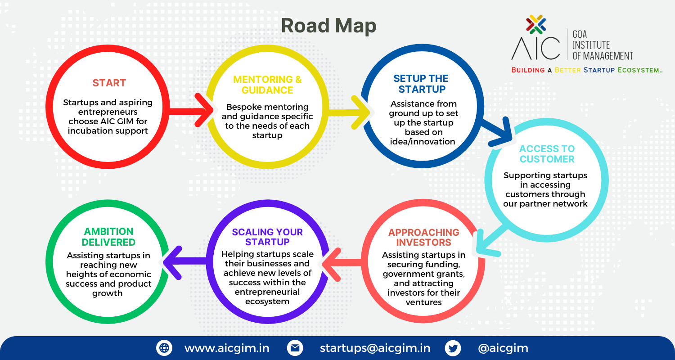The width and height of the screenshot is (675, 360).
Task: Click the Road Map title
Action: (329, 26)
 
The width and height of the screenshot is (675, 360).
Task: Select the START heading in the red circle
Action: (109, 83)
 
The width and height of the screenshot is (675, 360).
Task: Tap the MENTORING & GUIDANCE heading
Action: (267, 85)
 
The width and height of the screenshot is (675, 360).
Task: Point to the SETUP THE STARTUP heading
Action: (421, 84)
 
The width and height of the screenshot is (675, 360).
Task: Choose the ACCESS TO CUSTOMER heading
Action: (547, 153)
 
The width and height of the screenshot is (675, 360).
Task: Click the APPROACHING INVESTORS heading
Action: (424, 238)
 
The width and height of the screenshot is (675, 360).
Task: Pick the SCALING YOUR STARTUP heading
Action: (267, 237)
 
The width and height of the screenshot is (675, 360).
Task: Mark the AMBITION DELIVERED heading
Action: (108, 237)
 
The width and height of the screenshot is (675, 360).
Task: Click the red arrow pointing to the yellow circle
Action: (190, 110)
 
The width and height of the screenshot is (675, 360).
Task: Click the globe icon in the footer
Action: (164, 348)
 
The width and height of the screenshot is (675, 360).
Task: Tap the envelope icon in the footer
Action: (295, 348)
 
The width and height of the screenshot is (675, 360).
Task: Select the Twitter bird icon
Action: (453, 348)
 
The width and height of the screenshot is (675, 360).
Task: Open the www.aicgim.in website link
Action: (227, 348)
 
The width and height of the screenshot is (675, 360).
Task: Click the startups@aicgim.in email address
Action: (375, 348)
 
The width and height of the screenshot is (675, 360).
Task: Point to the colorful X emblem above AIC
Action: (536, 24)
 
